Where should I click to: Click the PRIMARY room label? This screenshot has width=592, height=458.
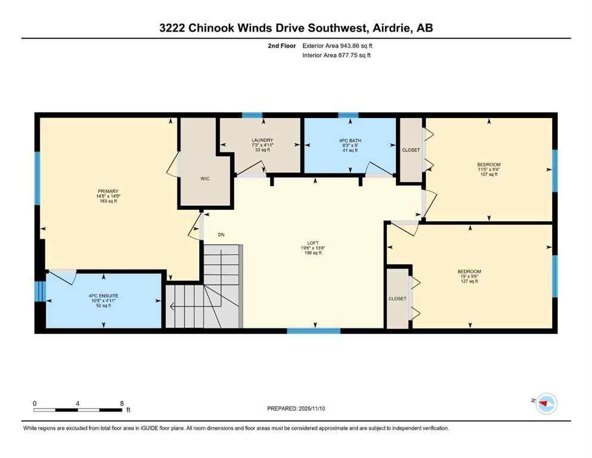coord(108,191)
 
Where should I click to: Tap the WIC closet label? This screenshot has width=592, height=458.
coord(204,178)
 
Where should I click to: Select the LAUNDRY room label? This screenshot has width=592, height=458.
coord(262,140)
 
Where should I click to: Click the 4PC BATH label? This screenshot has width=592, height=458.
coord(350,141)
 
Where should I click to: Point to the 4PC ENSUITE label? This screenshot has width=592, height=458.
coord(104,295)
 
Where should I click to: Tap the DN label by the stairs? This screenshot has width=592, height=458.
coord(221,235)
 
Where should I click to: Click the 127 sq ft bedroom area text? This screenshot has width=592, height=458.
coord(469,281)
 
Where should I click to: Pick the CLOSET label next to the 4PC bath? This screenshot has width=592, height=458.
coord(411,150)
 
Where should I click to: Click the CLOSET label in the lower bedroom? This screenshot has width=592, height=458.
coord(397,298)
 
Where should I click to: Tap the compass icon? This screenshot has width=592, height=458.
coord(545,404)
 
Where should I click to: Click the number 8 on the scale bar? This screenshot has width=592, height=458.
coord(122,403)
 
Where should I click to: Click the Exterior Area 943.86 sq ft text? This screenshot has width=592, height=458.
coord(338,45)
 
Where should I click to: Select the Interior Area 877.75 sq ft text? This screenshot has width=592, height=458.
coord(337,55)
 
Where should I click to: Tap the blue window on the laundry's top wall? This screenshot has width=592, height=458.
coord(252,115)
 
